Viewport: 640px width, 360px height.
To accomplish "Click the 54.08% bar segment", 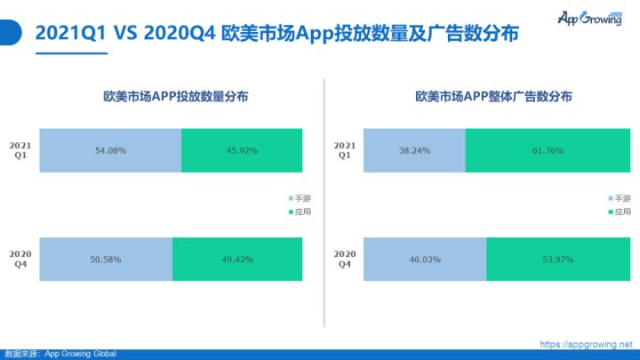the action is click(x=110, y=150).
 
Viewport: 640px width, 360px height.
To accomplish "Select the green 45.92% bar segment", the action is click(x=242, y=150).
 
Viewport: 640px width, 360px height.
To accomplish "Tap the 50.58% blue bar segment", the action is click(x=106, y=260).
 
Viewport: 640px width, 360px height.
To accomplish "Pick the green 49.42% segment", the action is click(x=237, y=260).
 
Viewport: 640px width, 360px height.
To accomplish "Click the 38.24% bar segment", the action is click(x=414, y=150).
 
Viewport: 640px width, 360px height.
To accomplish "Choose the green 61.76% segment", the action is click(x=548, y=150).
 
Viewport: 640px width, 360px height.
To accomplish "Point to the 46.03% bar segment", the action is click(x=425, y=260).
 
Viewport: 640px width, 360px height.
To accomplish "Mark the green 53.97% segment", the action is click(x=558, y=260).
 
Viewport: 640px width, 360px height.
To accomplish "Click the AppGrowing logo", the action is click(x=590, y=18).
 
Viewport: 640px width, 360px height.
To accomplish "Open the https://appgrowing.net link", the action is click(x=586, y=344).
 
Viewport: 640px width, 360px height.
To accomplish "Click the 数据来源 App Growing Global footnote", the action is click(x=60, y=354).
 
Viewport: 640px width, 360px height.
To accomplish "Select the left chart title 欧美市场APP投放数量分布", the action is click(x=175, y=97).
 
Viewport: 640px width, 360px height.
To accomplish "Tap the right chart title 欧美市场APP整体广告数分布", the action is click(x=493, y=97).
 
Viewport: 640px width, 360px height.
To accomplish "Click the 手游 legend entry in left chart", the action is click(x=300, y=198).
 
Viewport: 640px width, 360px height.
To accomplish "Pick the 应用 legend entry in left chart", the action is click(x=300, y=212).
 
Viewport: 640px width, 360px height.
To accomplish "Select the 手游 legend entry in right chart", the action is click(x=620, y=198).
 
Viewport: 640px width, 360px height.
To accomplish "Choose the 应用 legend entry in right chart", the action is click(x=620, y=212).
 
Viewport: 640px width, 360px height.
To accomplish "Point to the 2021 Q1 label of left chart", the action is click(x=20, y=150).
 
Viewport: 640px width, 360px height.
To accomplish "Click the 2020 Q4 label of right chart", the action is click(x=345, y=260).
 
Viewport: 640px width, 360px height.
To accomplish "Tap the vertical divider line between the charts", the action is click(x=324, y=203).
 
